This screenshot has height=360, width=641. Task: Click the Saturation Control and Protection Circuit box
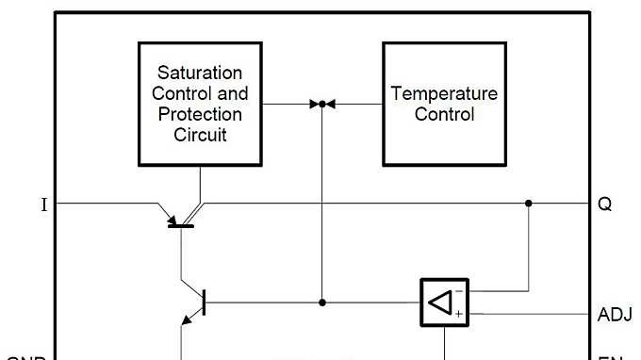pyautogui.click(x=200, y=104)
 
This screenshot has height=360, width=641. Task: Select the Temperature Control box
pyautogui.click(x=444, y=104)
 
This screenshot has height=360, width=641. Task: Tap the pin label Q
pyautogui.click(x=604, y=204)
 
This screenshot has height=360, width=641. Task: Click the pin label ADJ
pyautogui.click(x=615, y=315)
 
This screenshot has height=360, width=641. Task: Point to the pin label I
pyautogui.click(x=44, y=205)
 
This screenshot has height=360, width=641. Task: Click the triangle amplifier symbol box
pyautogui.click(x=443, y=303)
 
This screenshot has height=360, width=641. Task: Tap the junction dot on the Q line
pyautogui.click(x=529, y=203)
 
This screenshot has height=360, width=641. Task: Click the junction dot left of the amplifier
pyautogui.click(x=322, y=303)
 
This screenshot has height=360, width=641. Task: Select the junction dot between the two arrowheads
pyautogui.click(x=322, y=104)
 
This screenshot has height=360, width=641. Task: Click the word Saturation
pyautogui.click(x=200, y=73)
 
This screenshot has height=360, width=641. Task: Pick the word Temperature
pyautogui.click(x=444, y=93)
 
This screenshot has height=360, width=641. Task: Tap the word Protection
pyautogui.click(x=200, y=114)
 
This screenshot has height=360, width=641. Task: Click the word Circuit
pyautogui.click(x=200, y=135)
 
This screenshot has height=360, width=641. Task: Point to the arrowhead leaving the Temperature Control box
pyautogui.click(x=331, y=104)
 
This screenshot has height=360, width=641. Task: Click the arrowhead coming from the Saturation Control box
pyautogui.click(x=314, y=104)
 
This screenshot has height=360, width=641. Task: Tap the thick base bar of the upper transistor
pyautogui.click(x=181, y=224)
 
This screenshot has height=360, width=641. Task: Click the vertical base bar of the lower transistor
pyautogui.click(x=205, y=303)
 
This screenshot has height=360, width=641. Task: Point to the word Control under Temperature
pyautogui.click(x=444, y=115)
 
